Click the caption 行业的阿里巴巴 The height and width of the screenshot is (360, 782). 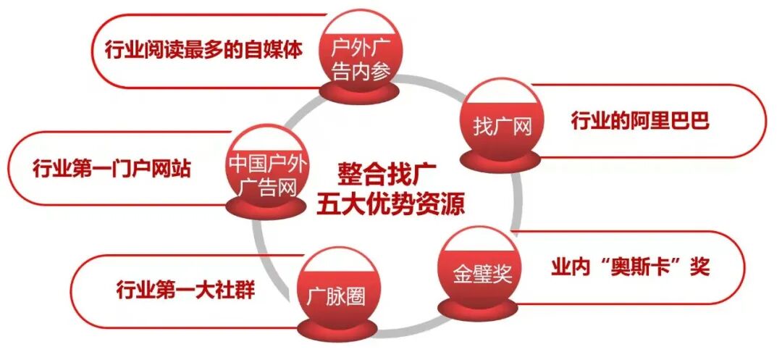[x=639, y=120]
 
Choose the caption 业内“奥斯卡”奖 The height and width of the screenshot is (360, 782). [x=630, y=266]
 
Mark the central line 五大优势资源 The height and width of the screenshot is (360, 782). [x=390, y=203]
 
